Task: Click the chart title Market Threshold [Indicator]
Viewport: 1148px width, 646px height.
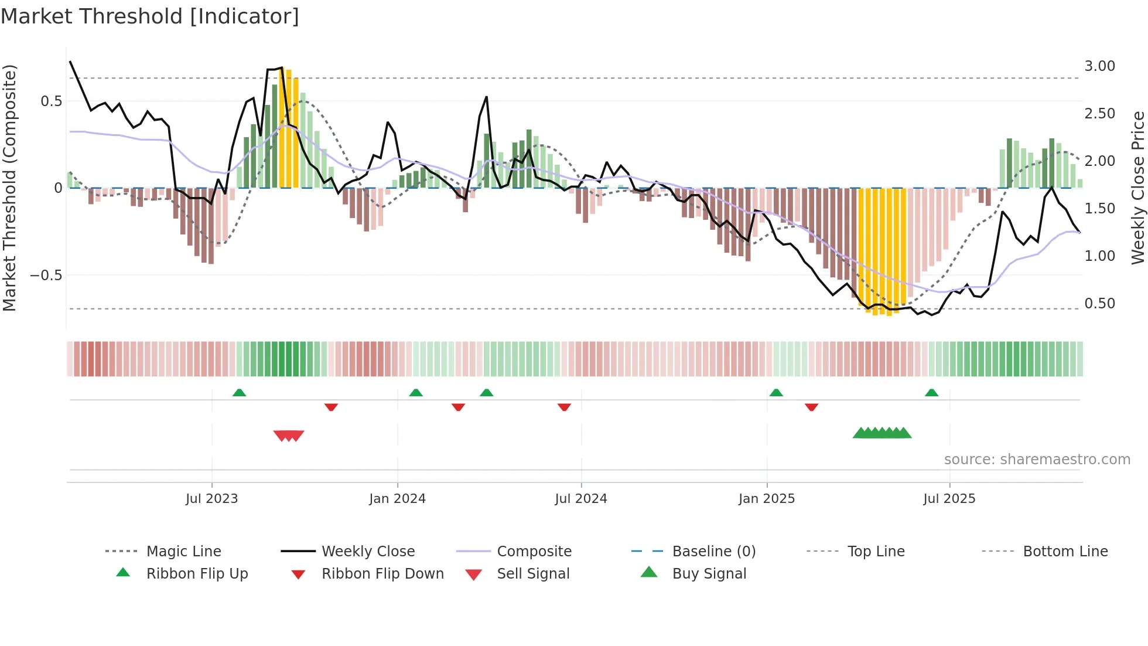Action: coord(150,16)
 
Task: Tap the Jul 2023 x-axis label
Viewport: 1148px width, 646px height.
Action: coord(211,499)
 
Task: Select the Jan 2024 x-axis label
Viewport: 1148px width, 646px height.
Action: coord(397,499)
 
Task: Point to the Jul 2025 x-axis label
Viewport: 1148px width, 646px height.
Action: coord(949,499)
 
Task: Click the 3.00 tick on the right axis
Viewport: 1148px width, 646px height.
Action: coord(1099,66)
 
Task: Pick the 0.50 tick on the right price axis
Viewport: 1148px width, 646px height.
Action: coord(1099,304)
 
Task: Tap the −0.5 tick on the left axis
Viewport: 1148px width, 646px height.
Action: coord(46,276)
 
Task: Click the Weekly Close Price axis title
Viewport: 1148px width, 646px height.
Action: coord(1137,188)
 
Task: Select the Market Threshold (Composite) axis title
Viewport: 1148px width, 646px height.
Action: coord(9,188)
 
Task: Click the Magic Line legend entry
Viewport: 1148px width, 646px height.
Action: coord(183,552)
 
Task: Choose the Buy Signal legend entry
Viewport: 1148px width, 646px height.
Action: coord(709,574)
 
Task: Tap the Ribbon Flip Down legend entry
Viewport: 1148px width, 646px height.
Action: coord(382,574)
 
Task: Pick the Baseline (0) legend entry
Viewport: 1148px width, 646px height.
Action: coord(713,552)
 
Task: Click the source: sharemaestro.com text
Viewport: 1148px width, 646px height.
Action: coord(1037,460)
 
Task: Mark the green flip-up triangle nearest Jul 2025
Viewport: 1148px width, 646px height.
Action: coord(931,393)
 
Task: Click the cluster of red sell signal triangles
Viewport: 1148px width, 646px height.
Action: coord(289,436)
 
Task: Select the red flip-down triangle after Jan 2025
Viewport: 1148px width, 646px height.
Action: coord(811,407)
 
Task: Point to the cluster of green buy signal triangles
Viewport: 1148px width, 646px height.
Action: coord(882,433)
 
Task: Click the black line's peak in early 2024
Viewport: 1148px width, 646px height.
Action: coord(486,97)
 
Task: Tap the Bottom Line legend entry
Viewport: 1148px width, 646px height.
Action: coord(1065,552)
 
